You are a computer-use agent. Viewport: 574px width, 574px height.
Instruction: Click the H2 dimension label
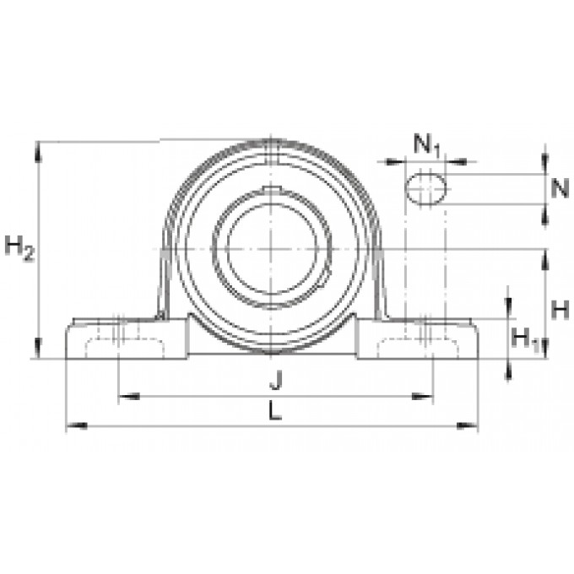pos(19,248)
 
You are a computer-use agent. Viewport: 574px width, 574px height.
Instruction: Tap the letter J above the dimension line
pos(276,380)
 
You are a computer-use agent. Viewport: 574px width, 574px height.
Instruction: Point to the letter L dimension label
pos(275,410)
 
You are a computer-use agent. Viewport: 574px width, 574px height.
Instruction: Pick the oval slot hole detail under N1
pos(425,188)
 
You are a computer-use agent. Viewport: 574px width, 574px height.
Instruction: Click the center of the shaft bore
pos(271,249)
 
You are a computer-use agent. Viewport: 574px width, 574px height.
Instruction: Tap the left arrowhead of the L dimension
pos(77,425)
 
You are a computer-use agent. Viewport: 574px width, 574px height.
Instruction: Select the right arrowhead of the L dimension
pos(468,425)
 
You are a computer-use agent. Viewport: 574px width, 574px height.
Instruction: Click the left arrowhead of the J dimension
pos(129,396)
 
